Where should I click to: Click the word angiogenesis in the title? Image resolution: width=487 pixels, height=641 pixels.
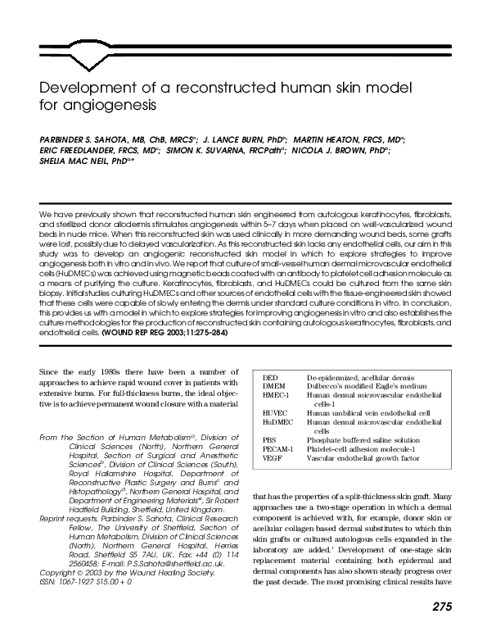101,106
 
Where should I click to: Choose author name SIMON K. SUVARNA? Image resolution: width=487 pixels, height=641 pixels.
216,152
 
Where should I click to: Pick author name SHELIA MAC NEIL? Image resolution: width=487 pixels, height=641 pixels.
74,163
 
